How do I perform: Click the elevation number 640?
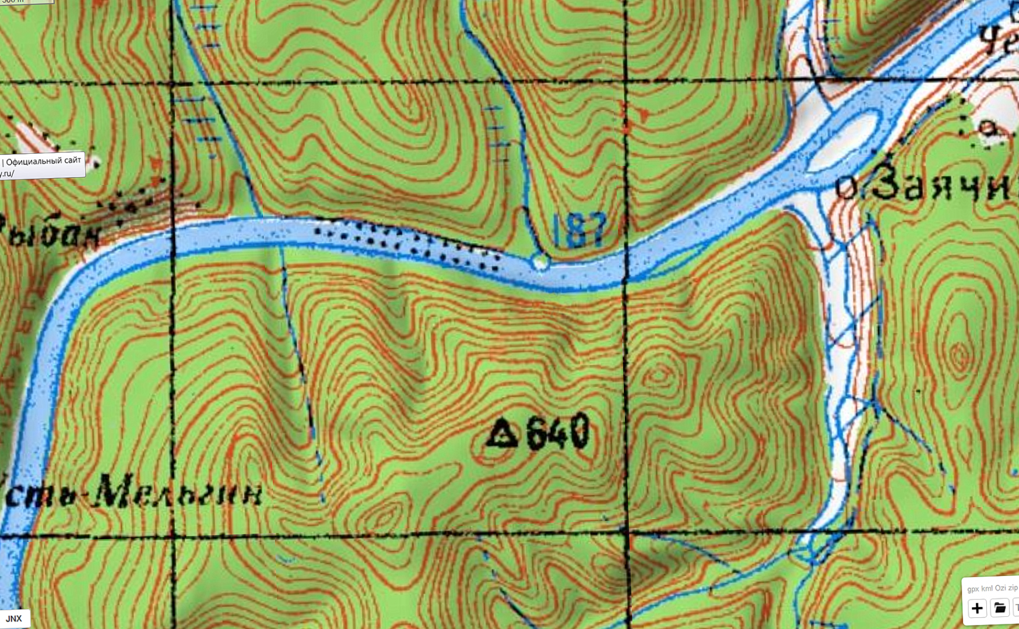(557, 433)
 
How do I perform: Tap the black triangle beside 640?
(503, 434)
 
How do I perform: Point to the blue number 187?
(579, 229)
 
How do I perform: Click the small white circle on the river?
(540, 263)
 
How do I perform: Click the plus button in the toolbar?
(977, 609)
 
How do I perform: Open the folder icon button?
(1000, 608)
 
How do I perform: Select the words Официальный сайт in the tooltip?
(43, 161)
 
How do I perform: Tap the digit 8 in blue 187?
(579, 229)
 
